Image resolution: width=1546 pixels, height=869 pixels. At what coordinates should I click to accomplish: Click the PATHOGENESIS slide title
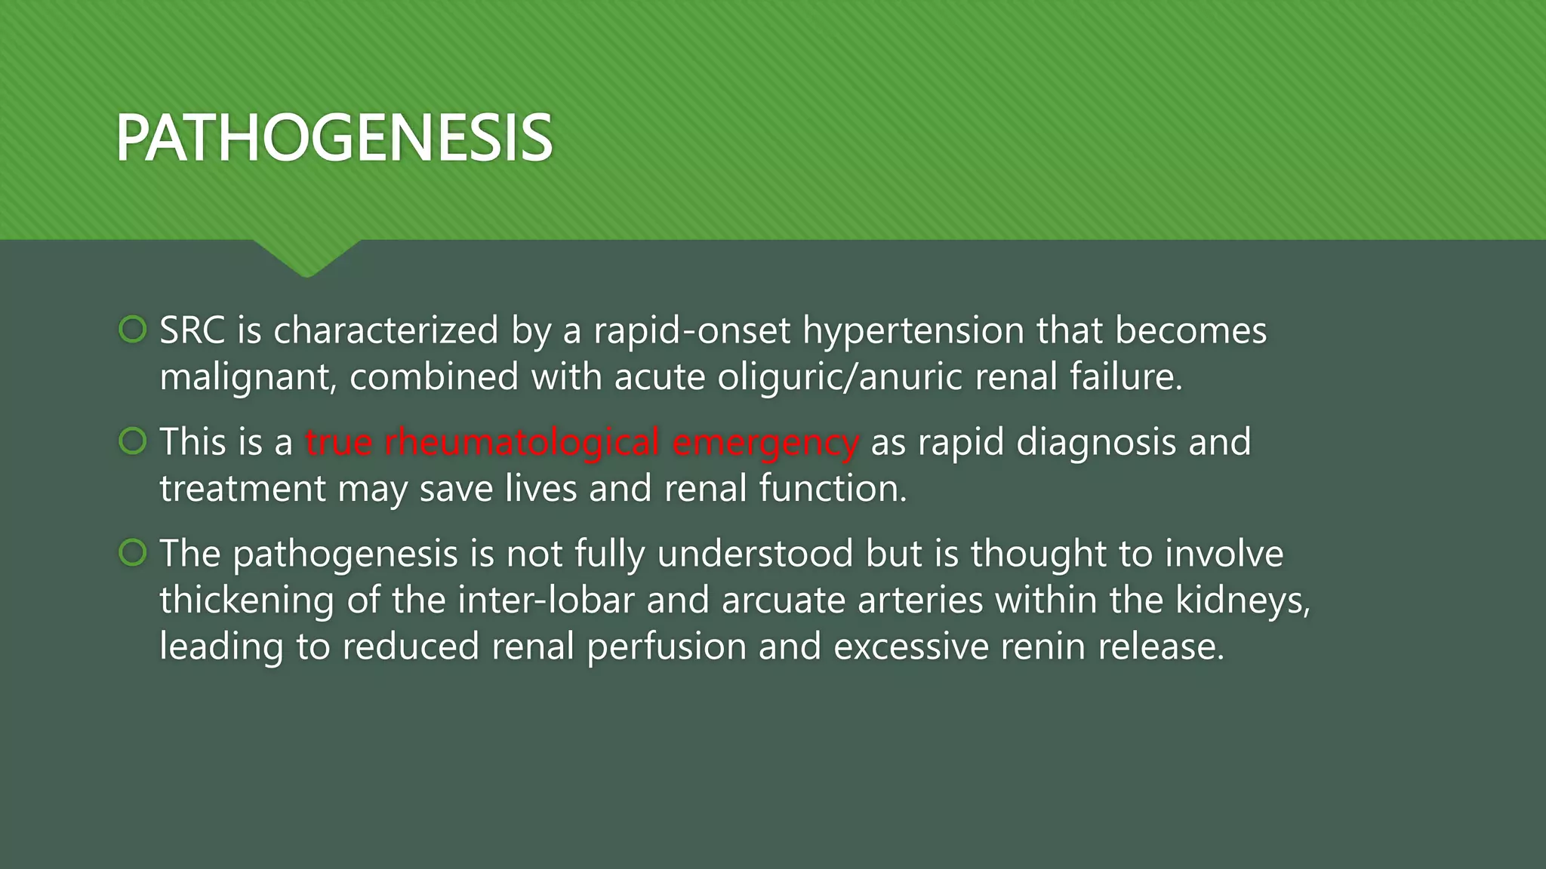coord(334,138)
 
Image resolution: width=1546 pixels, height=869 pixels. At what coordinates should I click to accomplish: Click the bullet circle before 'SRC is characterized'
coord(133,330)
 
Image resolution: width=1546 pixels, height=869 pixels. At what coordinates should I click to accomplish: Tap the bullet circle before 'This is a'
coord(133,441)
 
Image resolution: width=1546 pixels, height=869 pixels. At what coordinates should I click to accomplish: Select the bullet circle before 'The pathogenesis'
coord(133,553)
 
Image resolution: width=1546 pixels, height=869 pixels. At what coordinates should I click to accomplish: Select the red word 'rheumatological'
coord(522,442)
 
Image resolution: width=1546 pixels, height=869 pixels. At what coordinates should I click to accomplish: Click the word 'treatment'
coord(242,489)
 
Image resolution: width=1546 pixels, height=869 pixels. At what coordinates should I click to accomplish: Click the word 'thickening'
coord(246,600)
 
